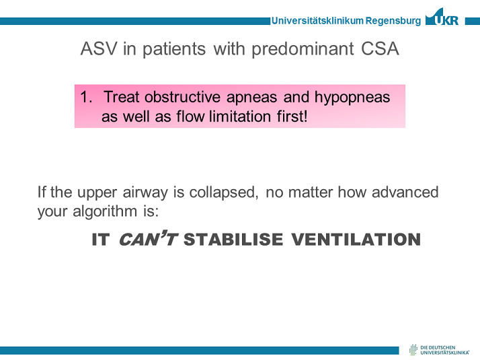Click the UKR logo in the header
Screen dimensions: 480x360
(x=442, y=17)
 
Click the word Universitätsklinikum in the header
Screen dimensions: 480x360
(x=317, y=21)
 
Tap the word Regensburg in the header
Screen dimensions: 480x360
(x=393, y=21)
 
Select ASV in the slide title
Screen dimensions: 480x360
(x=99, y=48)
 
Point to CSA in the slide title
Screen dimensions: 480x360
(x=380, y=48)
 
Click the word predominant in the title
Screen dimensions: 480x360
(x=303, y=49)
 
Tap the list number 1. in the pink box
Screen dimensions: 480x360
(x=86, y=97)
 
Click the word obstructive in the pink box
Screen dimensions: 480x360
(x=182, y=97)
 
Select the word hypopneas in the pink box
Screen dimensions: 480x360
(x=352, y=98)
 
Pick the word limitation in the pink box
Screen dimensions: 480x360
(x=240, y=116)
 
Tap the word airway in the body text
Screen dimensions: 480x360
(x=145, y=193)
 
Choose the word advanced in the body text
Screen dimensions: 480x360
(x=405, y=192)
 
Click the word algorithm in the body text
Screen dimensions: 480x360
(x=105, y=212)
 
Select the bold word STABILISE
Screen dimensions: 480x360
(x=233, y=240)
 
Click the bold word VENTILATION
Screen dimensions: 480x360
(x=356, y=240)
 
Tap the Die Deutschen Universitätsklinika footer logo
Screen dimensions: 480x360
(x=439, y=350)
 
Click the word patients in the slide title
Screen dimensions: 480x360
(x=174, y=49)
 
